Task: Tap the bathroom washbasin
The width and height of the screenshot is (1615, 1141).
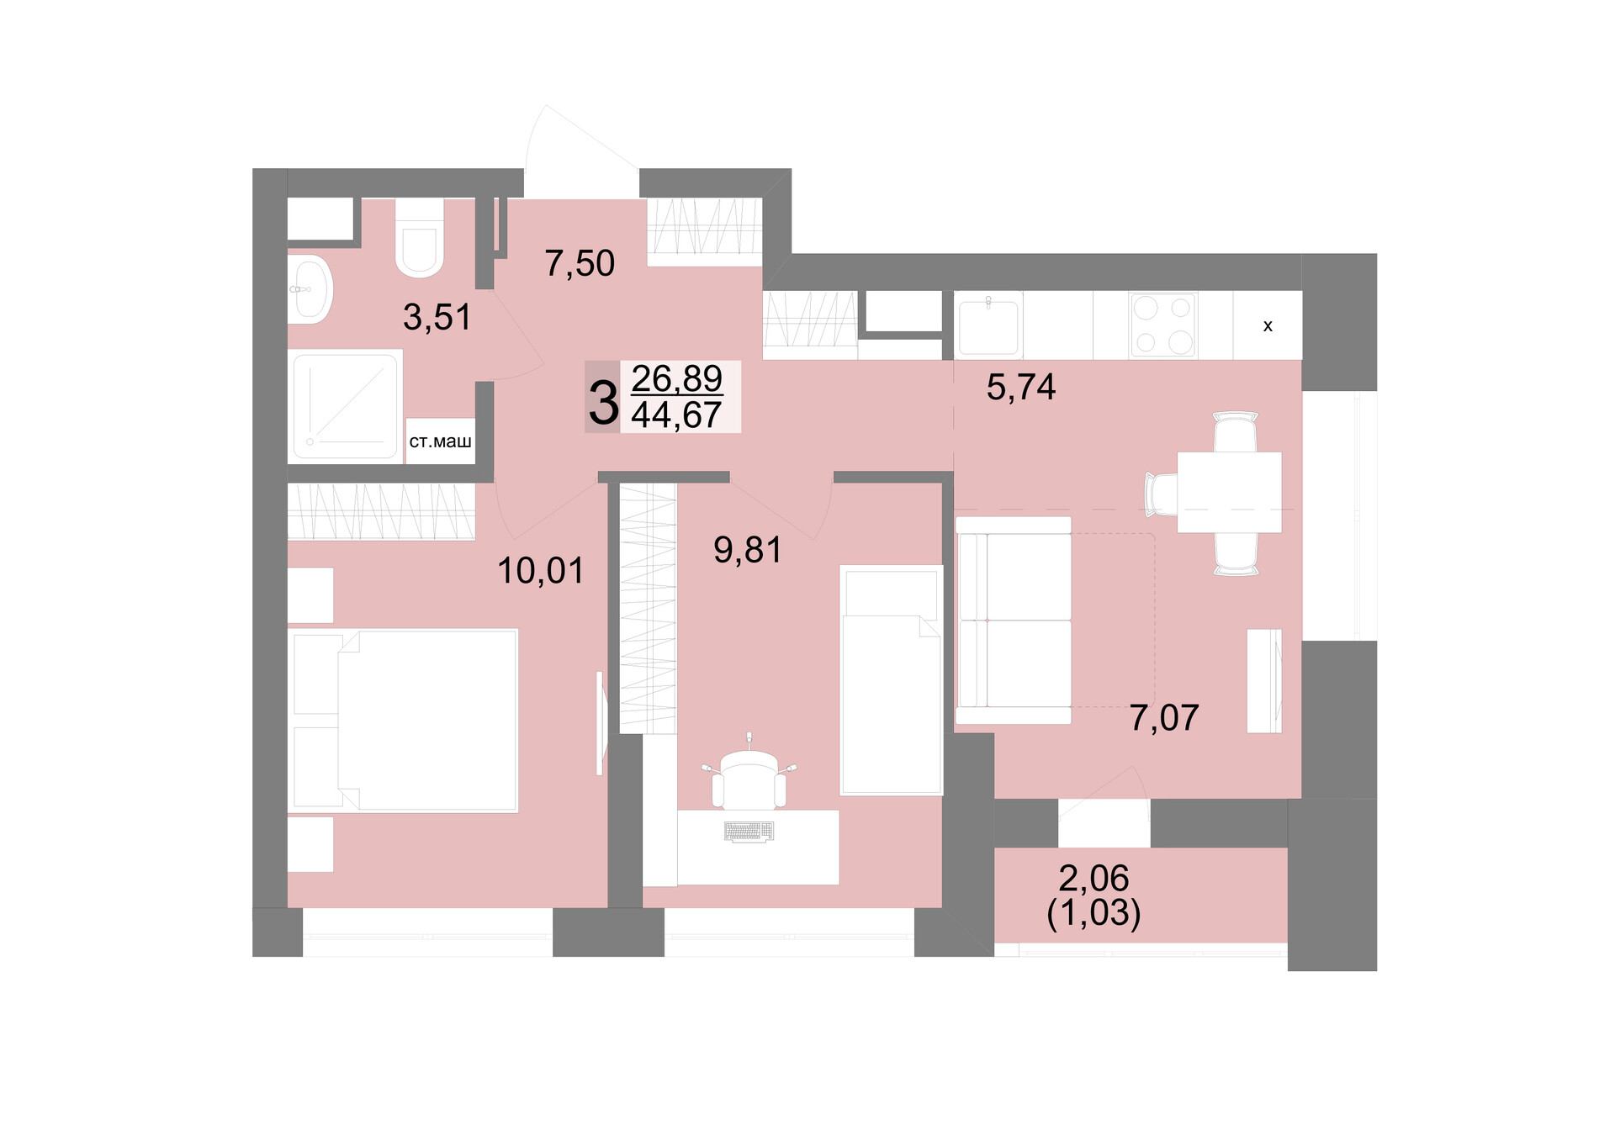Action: click(310, 289)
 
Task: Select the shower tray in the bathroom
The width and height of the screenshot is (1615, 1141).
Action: click(345, 406)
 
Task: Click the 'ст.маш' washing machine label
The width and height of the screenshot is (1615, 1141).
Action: click(440, 441)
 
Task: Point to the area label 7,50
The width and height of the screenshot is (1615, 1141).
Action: click(580, 264)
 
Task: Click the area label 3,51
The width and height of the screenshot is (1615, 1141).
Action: click(437, 318)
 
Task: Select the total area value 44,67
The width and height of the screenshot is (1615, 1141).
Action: click(676, 415)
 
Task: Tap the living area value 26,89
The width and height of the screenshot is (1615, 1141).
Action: click(676, 378)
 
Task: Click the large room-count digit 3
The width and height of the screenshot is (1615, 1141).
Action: click(603, 403)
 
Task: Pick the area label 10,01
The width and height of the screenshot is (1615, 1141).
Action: click(541, 572)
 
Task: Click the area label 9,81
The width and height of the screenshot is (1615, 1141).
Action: click(748, 551)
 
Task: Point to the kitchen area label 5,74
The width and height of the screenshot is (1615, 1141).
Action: click(1021, 388)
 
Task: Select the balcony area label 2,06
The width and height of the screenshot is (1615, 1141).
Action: click(1093, 879)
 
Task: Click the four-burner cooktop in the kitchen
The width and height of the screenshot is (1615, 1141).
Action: click(1163, 324)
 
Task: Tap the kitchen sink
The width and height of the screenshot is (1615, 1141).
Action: click(989, 325)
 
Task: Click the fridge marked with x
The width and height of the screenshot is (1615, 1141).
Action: click(1268, 325)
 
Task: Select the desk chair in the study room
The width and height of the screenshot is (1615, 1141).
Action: click(749, 775)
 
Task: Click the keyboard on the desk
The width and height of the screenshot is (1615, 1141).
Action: click(749, 832)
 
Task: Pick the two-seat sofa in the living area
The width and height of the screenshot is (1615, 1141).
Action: click(1014, 620)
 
